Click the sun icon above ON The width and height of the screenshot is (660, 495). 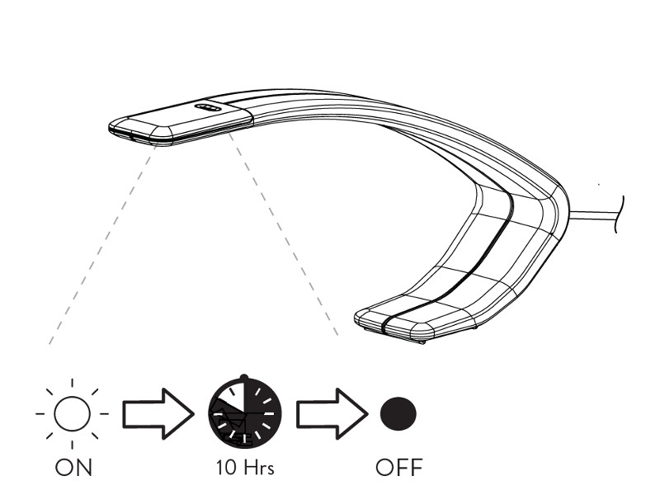[x=72, y=414]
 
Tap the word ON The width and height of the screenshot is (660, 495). [x=73, y=468]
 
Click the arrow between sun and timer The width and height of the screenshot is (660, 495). [x=158, y=414]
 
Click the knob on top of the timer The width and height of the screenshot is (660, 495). [x=244, y=377]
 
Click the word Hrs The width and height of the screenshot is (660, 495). [x=258, y=468]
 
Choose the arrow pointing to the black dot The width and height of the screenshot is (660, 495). [x=332, y=414]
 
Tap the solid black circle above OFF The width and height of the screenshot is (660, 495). [x=398, y=414]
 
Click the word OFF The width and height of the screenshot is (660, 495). [x=399, y=468]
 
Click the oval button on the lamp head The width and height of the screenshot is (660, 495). [x=208, y=108]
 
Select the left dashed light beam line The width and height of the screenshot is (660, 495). [x=102, y=245]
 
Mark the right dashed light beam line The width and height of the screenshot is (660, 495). [x=283, y=235]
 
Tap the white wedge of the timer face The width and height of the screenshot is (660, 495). [x=232, y=397]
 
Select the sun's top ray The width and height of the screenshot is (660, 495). [x=72, y=383]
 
